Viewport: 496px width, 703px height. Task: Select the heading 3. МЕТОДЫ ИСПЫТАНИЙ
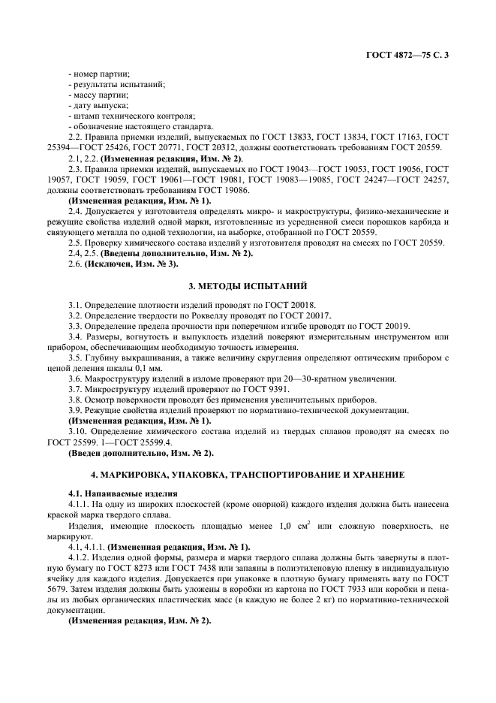[x=248, y=286]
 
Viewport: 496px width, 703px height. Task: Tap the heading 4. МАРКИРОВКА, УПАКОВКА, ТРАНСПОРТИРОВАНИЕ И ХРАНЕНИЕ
[x=248, y=475]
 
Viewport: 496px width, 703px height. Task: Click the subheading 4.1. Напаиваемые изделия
[x=123, y=492]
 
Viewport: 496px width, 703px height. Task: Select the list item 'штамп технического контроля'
[x=131, y=116]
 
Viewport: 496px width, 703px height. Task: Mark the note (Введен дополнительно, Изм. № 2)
[x=141, y=452]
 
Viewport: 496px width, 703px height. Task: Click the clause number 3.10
[x=76, y=431]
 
